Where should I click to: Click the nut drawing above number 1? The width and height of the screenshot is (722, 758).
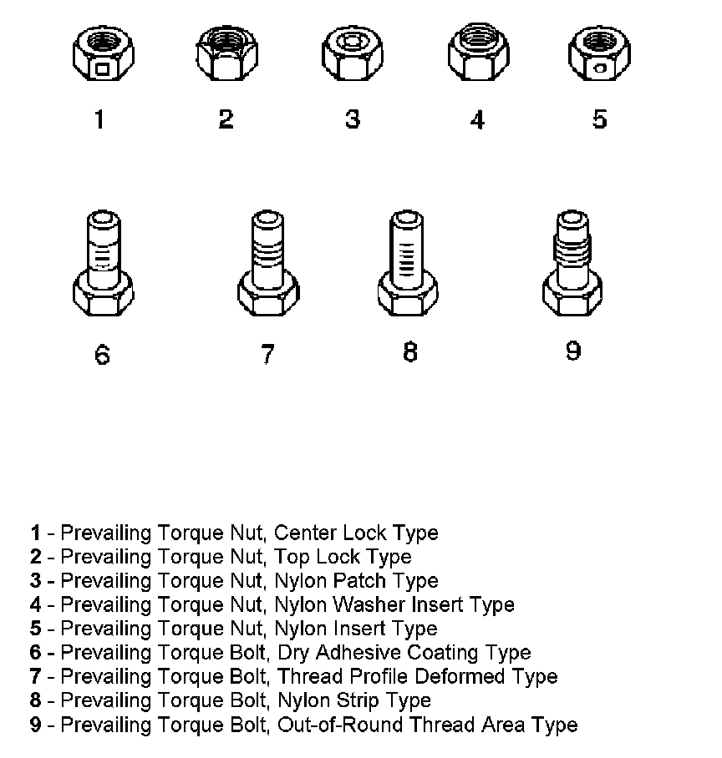99,58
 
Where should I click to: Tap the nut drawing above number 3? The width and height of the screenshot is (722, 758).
352,58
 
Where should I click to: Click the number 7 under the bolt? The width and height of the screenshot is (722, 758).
267,354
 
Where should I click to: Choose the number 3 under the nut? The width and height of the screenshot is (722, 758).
352,119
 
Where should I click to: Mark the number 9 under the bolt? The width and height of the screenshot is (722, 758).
573,351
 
